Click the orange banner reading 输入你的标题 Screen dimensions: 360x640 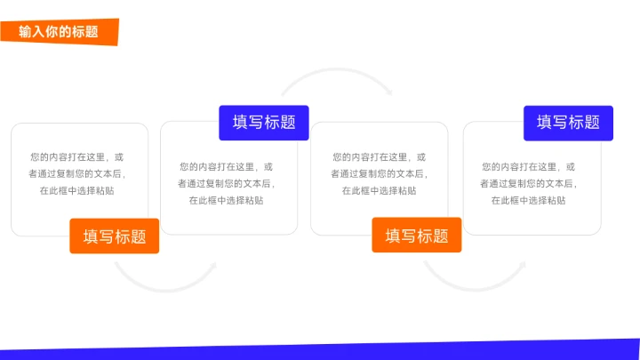pos(59,32)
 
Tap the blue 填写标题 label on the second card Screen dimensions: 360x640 pos(264,123)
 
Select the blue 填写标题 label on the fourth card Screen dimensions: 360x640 pos(568,123)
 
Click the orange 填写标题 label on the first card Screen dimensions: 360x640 pos(115,236)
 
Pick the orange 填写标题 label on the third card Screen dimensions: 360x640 pos(416,236)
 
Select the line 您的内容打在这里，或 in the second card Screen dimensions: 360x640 pos(226,166)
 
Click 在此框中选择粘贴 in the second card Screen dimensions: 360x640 pos(226,200)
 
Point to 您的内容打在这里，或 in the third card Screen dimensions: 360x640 pos(379,156)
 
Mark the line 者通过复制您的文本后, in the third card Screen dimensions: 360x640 pos(379,173)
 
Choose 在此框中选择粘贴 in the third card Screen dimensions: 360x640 pos(379,190)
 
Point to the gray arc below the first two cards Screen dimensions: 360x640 pos(164,283)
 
